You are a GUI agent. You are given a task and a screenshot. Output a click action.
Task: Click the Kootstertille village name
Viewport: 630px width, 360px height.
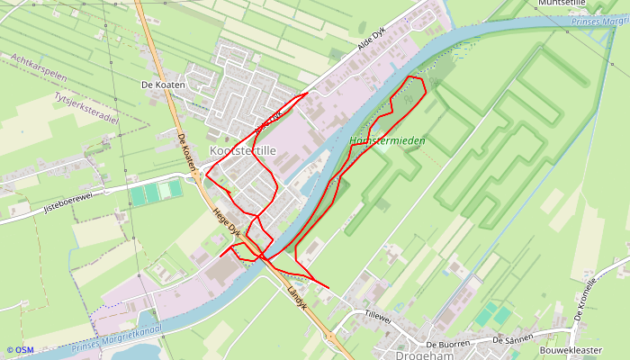242,151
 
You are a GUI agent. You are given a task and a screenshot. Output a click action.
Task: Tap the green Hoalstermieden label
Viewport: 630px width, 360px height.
387,141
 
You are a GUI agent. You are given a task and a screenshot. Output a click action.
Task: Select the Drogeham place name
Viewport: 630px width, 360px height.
424,355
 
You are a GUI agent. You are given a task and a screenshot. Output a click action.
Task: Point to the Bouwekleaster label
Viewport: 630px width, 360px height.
571,350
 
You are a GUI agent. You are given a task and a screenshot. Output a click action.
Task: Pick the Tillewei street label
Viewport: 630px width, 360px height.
378,315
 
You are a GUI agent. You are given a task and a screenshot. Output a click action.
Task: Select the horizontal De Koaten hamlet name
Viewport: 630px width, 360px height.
163,85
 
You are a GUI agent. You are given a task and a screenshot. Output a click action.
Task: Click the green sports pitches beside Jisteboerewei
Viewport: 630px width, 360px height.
156,192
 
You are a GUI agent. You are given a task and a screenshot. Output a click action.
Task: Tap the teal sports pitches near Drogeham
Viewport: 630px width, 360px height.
492,314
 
